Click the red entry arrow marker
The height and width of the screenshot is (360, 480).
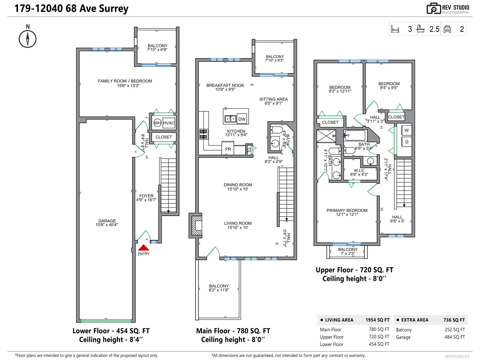[143, 248]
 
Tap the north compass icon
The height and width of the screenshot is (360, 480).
[28, 39]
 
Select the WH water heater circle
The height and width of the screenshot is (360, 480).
[157, 123]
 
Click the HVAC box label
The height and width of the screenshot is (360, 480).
[169, 123]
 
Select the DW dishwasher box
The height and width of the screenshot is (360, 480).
[242, 119]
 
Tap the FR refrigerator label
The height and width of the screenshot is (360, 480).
[228, 149]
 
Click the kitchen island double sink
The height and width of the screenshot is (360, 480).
[230, 119]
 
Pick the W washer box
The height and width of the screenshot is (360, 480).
[406, 130]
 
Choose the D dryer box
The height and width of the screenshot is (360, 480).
[406, 142]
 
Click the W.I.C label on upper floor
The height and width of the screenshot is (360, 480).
[359, 170]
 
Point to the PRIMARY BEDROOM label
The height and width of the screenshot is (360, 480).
[347, 210]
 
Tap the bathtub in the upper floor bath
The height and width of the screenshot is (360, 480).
[355, 136]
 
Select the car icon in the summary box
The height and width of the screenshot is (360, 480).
[447, 29]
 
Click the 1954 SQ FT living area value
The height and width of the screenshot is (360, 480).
[377, 320]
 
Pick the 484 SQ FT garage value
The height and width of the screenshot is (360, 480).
[454, 337]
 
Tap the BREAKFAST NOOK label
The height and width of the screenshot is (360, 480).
[225, 85]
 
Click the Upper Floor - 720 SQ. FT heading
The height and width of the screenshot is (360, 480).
[354, 270]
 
